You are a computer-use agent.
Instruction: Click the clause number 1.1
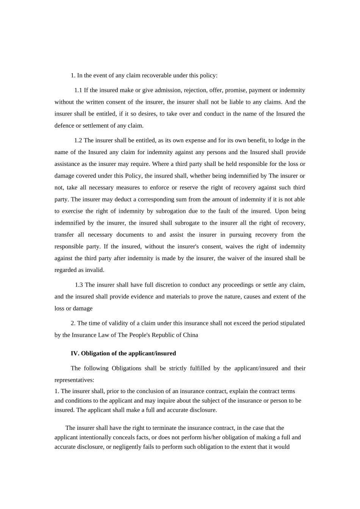pyautogui.click(x=78, y=90)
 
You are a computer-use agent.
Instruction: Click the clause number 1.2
pyautogui.click(x=78, y=140)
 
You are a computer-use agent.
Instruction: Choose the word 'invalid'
pyautogui.click(x=95, y=270)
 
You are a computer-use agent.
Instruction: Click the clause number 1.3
pyautogui.click(x=79, y=284)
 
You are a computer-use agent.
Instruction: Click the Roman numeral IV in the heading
pyautogui.click(x=74, y=353)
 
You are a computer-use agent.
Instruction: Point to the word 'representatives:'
pyautogui.click(x=74, y=380)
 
